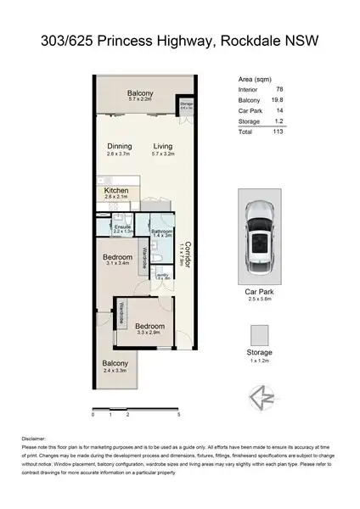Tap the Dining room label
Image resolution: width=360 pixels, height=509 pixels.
pyautogui.click(x=119, y=146)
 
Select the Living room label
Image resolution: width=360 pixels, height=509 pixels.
pyautogui.click(x=162, y=146)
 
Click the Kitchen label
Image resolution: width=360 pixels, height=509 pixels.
pyautogui.click(x=116, y=191)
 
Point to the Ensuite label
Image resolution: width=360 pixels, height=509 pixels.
pyautogui.click(x=122, y=227)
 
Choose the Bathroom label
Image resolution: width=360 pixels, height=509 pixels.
pyautogui.click(x=162, y=231)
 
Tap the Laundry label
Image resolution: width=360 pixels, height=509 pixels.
pyautogui.click(x=161, y=275)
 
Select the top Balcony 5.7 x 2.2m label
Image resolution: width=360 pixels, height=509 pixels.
pyautogui.click(x=139, y=93)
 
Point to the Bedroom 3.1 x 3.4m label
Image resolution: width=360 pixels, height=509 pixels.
pyautogui.click(x=117, y=257)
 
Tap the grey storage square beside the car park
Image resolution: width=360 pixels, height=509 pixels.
pyautogui.click(x=259, y=333)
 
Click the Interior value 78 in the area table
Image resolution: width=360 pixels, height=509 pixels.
pyautogui.click(x=279, y=89)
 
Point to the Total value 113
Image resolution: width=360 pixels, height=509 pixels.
pyautogui.click(x=278, y=132)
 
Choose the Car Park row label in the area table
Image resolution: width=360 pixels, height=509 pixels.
pyautogui.click(x=249, y=111)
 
